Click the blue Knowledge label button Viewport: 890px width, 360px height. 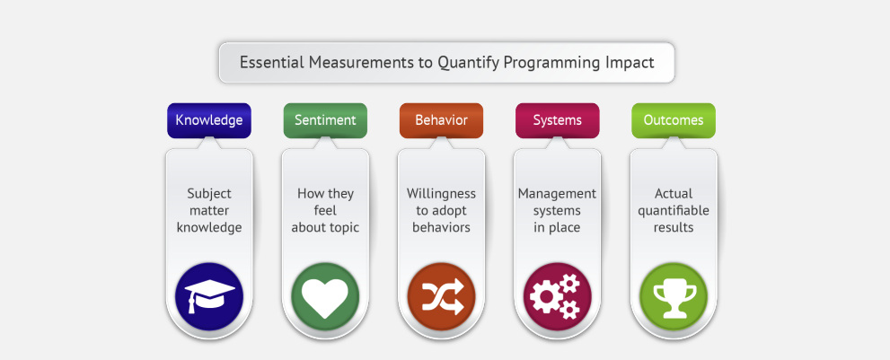click(209, 120)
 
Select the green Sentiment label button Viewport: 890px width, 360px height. click(325, 120)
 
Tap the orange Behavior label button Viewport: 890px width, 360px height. click(441, 120)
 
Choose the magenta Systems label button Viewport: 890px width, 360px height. click(558, 120)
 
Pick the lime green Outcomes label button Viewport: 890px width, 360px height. click(674, 120)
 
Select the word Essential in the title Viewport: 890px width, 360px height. click(272, 62)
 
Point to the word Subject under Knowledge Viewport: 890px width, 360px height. click(209, 194)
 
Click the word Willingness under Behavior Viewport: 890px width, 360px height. click(441, 194)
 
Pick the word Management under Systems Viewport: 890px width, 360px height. click(557, 194)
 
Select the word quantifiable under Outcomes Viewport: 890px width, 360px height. click(674, 211)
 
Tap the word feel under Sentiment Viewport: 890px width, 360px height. click(325, 211)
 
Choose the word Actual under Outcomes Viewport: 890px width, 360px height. click(674, 194)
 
